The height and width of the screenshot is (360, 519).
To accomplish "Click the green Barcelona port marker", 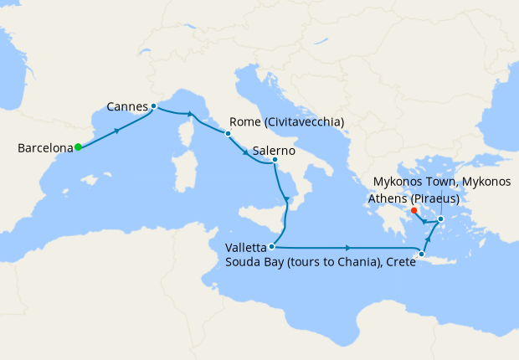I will click(78, 147).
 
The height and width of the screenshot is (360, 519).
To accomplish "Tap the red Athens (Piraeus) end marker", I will click(414, 210).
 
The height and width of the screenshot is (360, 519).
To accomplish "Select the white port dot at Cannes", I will click(154, 106).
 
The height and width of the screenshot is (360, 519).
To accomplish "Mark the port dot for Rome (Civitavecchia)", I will click(228, 133).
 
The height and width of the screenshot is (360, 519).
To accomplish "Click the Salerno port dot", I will click(275, 159).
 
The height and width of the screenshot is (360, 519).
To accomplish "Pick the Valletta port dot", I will click(272, 246).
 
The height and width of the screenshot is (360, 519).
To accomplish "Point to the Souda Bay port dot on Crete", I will click(422, 255).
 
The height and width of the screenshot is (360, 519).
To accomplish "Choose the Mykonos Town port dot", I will click(441, 219).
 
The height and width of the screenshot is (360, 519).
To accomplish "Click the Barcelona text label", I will click(45, 149).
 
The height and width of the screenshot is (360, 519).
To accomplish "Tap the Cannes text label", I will click(128, 106).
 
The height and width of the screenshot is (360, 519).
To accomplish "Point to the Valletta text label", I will click(245, 248).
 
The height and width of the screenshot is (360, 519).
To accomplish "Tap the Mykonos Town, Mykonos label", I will click(441, 182).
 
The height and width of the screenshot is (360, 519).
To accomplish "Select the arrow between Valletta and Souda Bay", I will click(347, 248).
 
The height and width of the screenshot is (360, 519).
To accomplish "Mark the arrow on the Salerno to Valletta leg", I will click(287, 199).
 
